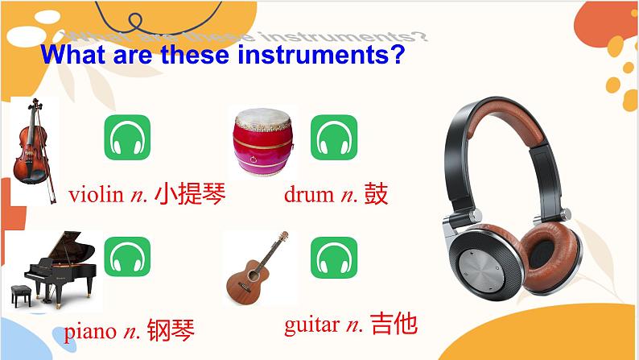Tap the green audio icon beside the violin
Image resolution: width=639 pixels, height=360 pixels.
tap(127, 138)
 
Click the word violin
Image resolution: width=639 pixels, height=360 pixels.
tap(96, 195)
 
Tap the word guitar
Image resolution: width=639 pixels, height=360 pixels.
tap(311, 325)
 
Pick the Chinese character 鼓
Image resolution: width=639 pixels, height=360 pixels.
tap(376, 194)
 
